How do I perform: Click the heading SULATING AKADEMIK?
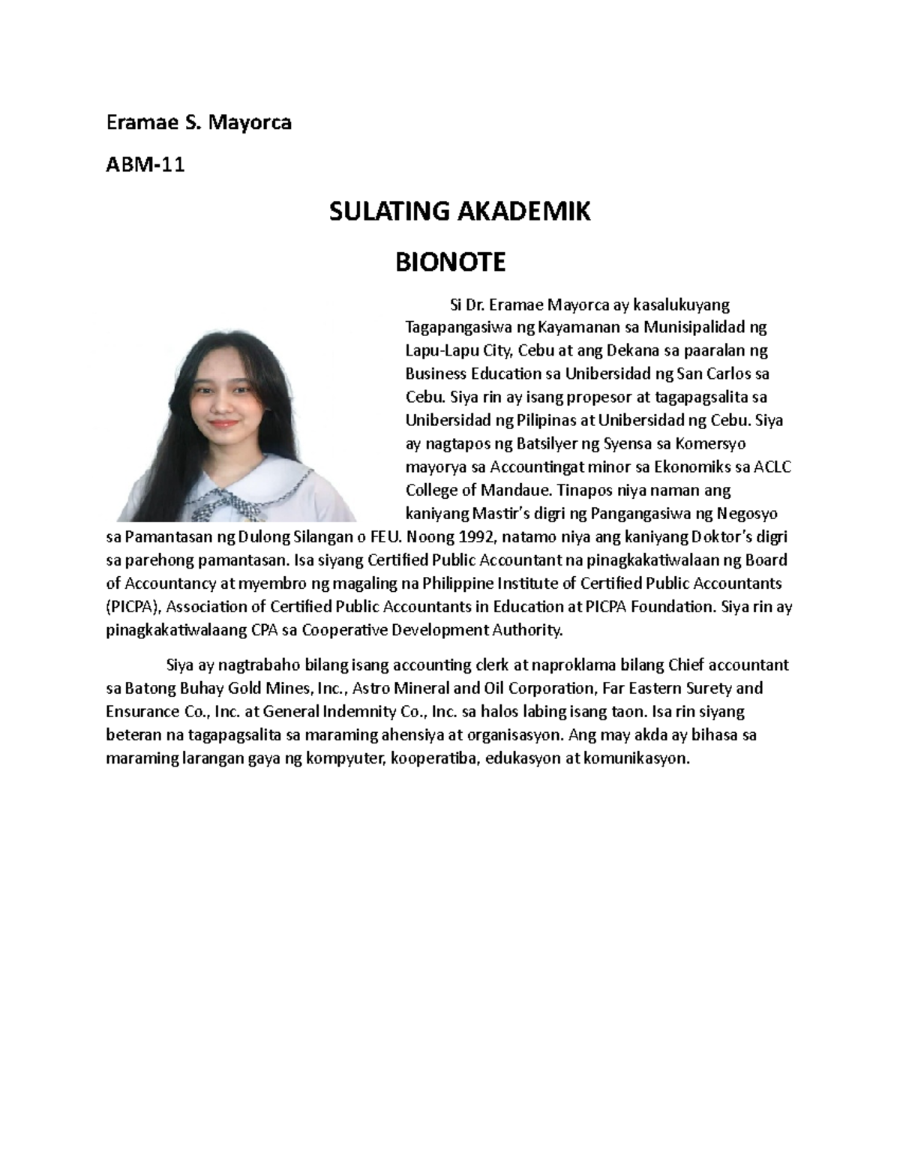coord(460,212)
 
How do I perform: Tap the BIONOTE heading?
coord(450,263)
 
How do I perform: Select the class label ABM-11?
coord(145,165)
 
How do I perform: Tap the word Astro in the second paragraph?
coord(370,688)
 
